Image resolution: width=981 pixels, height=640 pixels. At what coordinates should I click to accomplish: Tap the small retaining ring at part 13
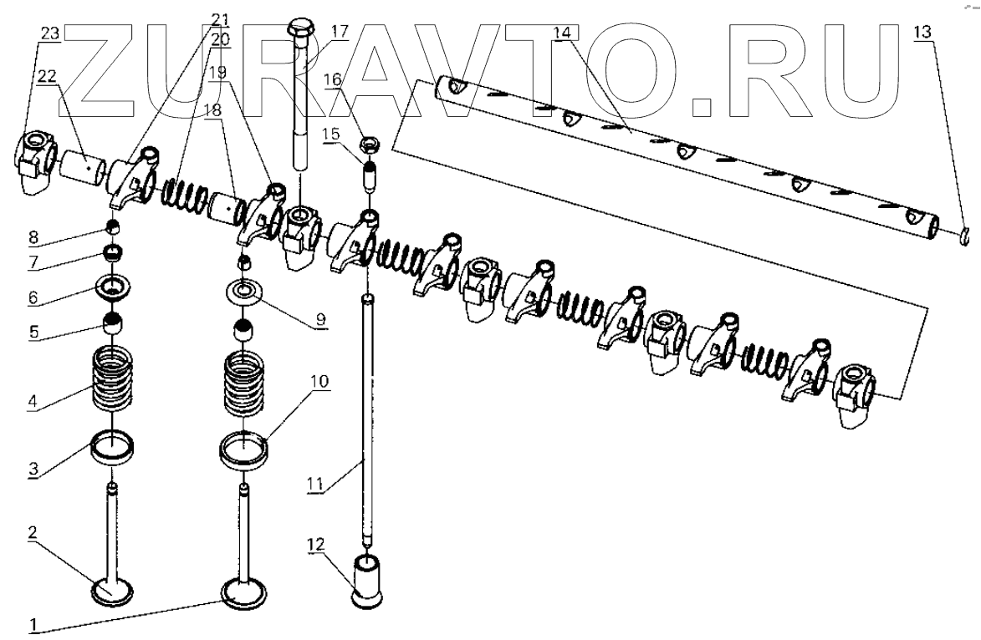pos(964,238)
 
